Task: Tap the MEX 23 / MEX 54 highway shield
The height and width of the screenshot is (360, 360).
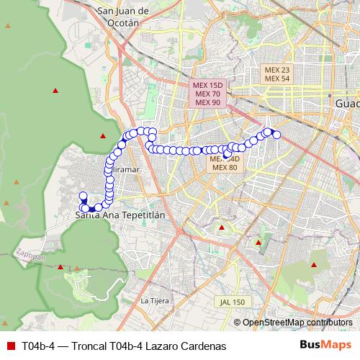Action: point(277,74)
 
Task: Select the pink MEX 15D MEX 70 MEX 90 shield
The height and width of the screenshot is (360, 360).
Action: point(207,94)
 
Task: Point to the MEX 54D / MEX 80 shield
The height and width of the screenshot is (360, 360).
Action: point(224,163)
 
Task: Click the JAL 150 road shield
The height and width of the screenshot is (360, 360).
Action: point(233,302)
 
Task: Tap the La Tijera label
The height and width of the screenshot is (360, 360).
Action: point(154,300)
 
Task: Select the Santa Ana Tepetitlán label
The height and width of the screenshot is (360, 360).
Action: point(121,215)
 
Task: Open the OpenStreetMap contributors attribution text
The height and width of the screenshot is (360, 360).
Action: point(297,323)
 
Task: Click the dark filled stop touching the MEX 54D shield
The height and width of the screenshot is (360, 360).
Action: point(227,153)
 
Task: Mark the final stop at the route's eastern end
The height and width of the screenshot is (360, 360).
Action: point(276,134)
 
